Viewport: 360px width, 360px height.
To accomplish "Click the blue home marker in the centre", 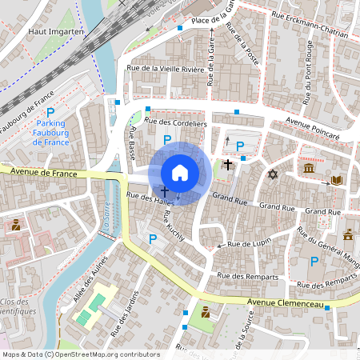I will coord(180,172).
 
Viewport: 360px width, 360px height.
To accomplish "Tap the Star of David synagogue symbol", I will coord(272,174).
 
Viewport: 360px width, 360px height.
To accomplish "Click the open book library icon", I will coord(337,180).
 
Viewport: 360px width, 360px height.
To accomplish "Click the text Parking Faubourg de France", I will coord(50,132).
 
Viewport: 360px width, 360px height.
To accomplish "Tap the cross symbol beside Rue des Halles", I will coord(164,192).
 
